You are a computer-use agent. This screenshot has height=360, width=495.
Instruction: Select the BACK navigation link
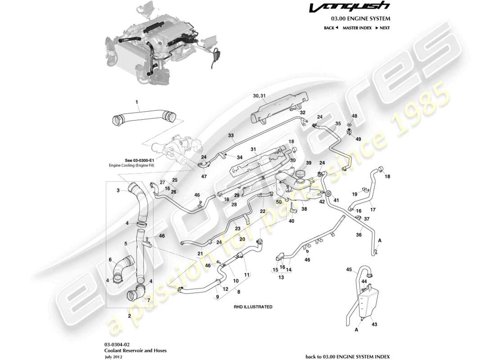(331, 28)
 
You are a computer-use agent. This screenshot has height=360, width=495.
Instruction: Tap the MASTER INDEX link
(357, 28)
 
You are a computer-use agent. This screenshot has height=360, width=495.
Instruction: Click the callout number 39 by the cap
(309, 162)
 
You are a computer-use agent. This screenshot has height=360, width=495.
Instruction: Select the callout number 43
(374, 324)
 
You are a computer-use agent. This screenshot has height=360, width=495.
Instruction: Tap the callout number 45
(349, 270)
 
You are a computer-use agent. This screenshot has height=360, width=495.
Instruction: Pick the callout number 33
(231, 135)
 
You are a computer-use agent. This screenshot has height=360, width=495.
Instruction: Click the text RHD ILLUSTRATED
(253, 306)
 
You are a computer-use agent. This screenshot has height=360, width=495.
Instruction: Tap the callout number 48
(354, 116)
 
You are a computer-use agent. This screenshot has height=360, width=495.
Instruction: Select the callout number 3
(118, 190)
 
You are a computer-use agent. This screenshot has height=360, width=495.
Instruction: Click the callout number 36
(359, 234)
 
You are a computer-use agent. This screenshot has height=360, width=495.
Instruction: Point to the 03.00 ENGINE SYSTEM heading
(360, 19)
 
